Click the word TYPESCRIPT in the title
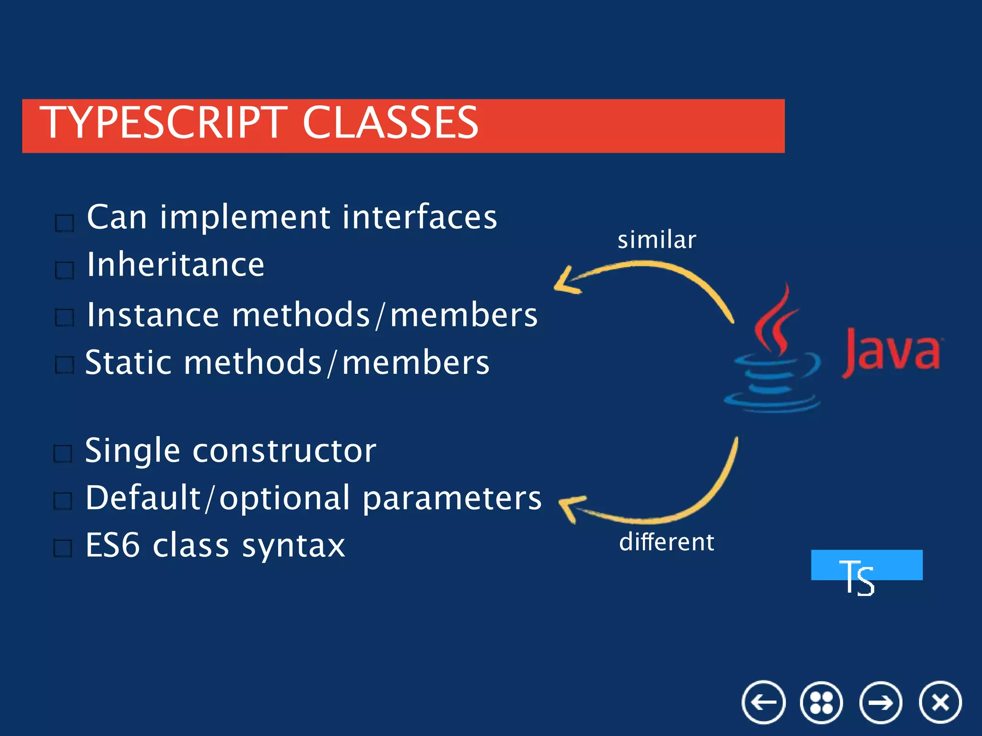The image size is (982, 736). pyautogui.click(x=163, y=123)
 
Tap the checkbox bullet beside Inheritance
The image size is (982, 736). pyautogui.click(x=65, y=270)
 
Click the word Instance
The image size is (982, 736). pyautogui.click(x=152, y=315)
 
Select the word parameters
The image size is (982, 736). pyautogui.click(x=452, y=498)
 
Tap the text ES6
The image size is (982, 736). pyautogui.click(x=113, y=545)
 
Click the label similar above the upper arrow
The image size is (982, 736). pyautogui.click(x=656, y=240)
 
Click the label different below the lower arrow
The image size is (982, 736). pyautogui.click(x=666, y=542)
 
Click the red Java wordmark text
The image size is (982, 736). pyautogui.click(x=891, y=352)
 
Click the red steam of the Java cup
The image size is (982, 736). pyautogui.click(x=774, y=321)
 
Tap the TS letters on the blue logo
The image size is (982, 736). pyautogui.click(x=857, y=577)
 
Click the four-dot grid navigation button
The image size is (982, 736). pyautogui.click(x=821, y=702)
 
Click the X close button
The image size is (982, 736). pyautogui.click(x=940, y=702)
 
